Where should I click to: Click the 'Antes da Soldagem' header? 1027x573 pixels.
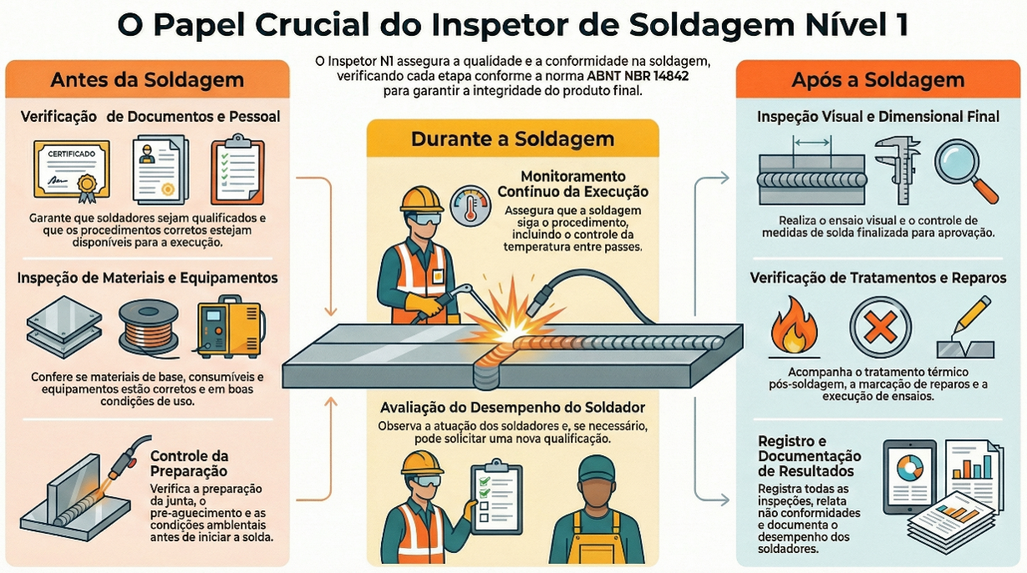tap(147, 80)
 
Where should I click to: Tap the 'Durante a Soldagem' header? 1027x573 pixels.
tap(512, 139)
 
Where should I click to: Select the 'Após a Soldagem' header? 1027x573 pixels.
tap(877, 80)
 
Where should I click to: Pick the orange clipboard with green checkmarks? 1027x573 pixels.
tap(236, 170)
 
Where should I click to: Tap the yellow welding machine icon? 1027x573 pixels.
tap(226, 327)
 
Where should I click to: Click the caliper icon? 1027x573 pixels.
tap(897, 170)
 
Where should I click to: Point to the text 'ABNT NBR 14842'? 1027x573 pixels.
tap(641, 76)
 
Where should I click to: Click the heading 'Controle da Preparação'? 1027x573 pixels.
tap(189, 463)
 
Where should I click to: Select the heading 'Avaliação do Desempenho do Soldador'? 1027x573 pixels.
tap(512, 408)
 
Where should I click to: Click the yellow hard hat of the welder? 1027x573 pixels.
tap(421, 198)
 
